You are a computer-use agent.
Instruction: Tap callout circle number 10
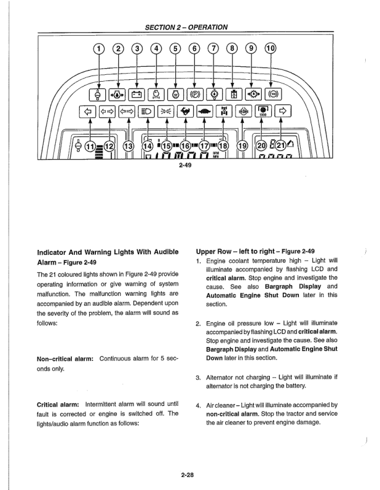coord(270,49)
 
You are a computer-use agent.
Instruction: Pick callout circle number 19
coord(242,146)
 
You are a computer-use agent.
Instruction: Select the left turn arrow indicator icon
coord(88,112)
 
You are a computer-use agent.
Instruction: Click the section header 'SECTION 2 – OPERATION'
coord(186,27)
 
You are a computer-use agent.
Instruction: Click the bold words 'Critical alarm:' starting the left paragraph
coord(59,404)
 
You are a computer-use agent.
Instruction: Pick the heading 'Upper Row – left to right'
coord(239,252)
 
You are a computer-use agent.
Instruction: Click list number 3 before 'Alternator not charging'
coord(197,376)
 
